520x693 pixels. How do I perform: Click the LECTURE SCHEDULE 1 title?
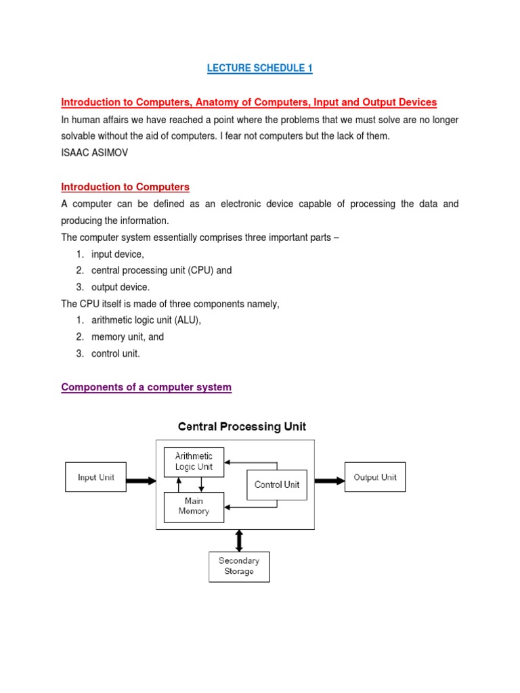pyautogui.click(x=259, y=68)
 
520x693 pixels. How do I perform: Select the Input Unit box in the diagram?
pyautogui.click(x=95, y=477)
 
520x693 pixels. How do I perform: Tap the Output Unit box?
pyautogui.click(x=375, y=477)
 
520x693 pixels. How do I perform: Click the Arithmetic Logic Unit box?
pyautogui.click(x=194, y=462)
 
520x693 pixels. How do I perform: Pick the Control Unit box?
pyautogui.click(x=277, y=485)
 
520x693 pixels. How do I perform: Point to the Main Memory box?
pyautogui.click(x=194, y=506)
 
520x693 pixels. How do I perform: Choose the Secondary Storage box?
pyautogui.click(x=239, y=566)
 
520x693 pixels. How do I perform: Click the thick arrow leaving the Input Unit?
pyautogui.click(x=141, y=480)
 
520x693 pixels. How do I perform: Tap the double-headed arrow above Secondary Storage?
pyautogui.click(x=238, y=540)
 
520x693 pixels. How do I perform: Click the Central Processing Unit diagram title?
pyautogui.click(x=242, y=427)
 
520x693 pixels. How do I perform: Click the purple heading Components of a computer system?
pyautogui.click(x=146, y=387)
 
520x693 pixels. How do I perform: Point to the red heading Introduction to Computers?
pyautogui.click(x=125, y=187)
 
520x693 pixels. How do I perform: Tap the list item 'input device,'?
pyautogui.click(x=118, y=254)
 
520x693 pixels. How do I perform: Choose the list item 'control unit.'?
pyautogui.click(x=116, y=353)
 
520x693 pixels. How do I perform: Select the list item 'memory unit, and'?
pyautogui.click(x=127, y=336)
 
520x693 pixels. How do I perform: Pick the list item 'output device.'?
pyautogui.click(x=121, y=287)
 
